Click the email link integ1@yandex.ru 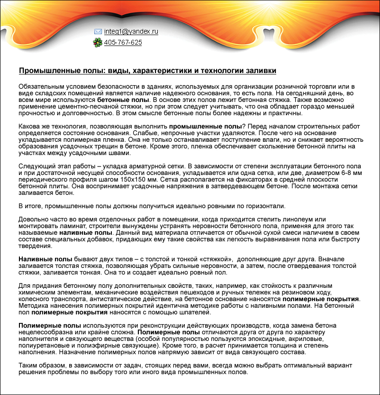pos(131,32)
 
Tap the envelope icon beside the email pos(98,32)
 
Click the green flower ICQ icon pos(98,43)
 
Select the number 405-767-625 pos(123,43)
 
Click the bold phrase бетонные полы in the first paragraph pos(123,100)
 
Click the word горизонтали pos(262,206)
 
